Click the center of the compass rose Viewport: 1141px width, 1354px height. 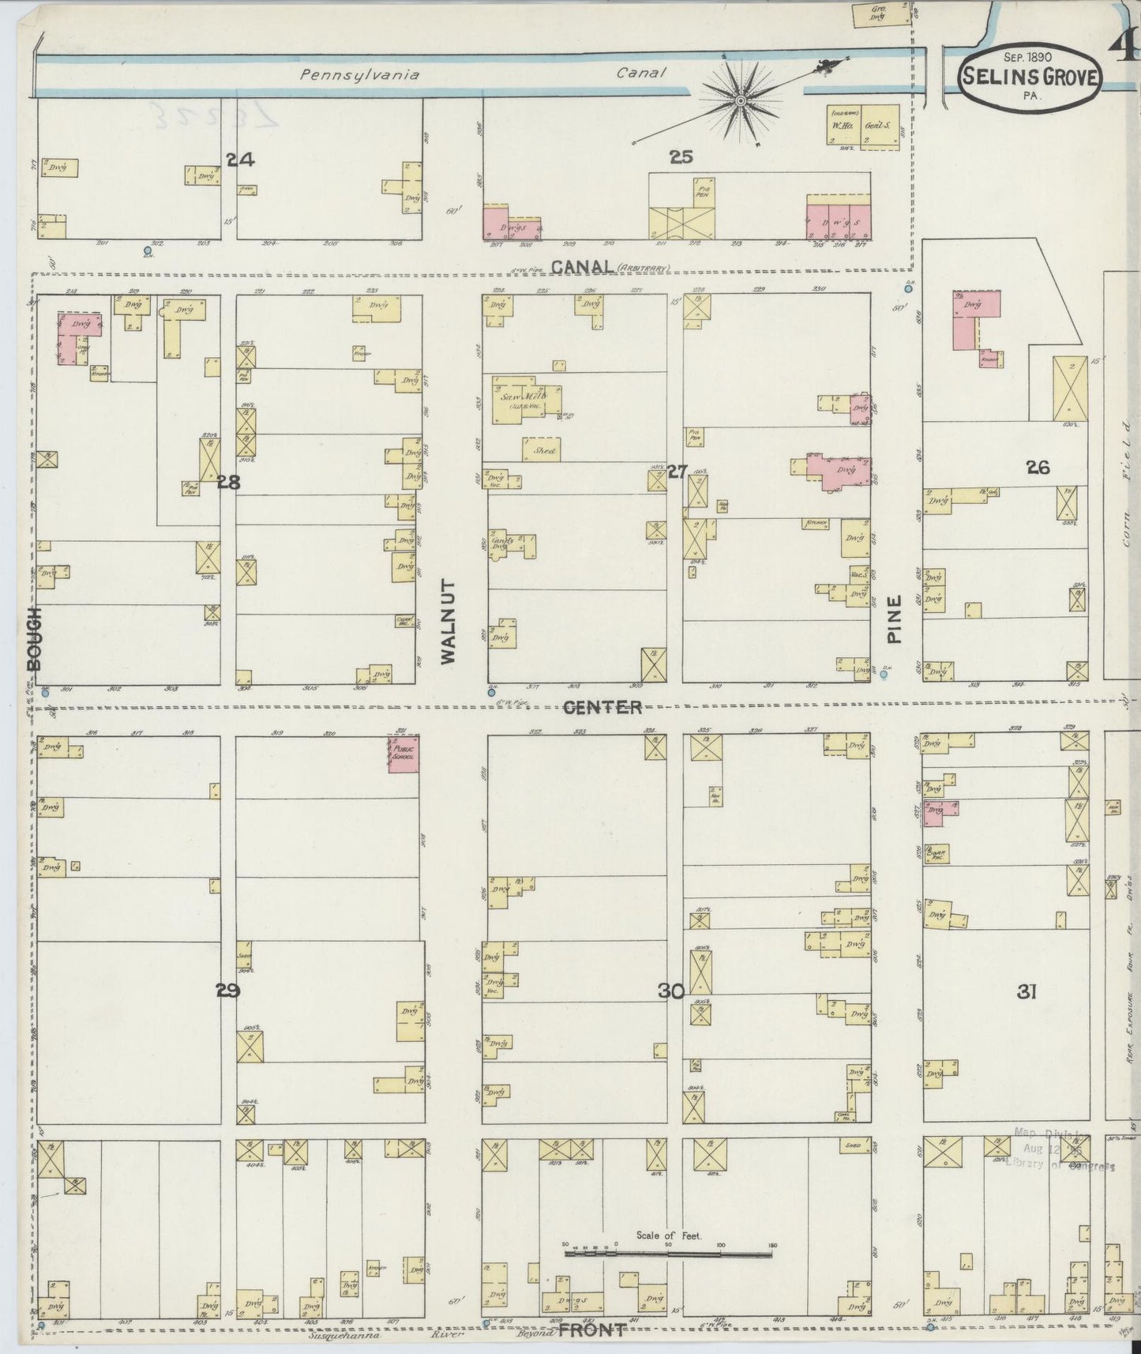(x=741, y=101)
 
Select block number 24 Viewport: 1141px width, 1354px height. (x=240, y=160)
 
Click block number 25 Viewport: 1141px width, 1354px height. (x=681, y=157)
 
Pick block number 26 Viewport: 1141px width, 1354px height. (x=1037, y=468)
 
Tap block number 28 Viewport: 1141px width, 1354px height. (x=228, y=481)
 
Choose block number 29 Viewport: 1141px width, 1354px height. (x=228, y=990)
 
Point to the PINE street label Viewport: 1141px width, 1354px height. (x=894, y=628)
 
